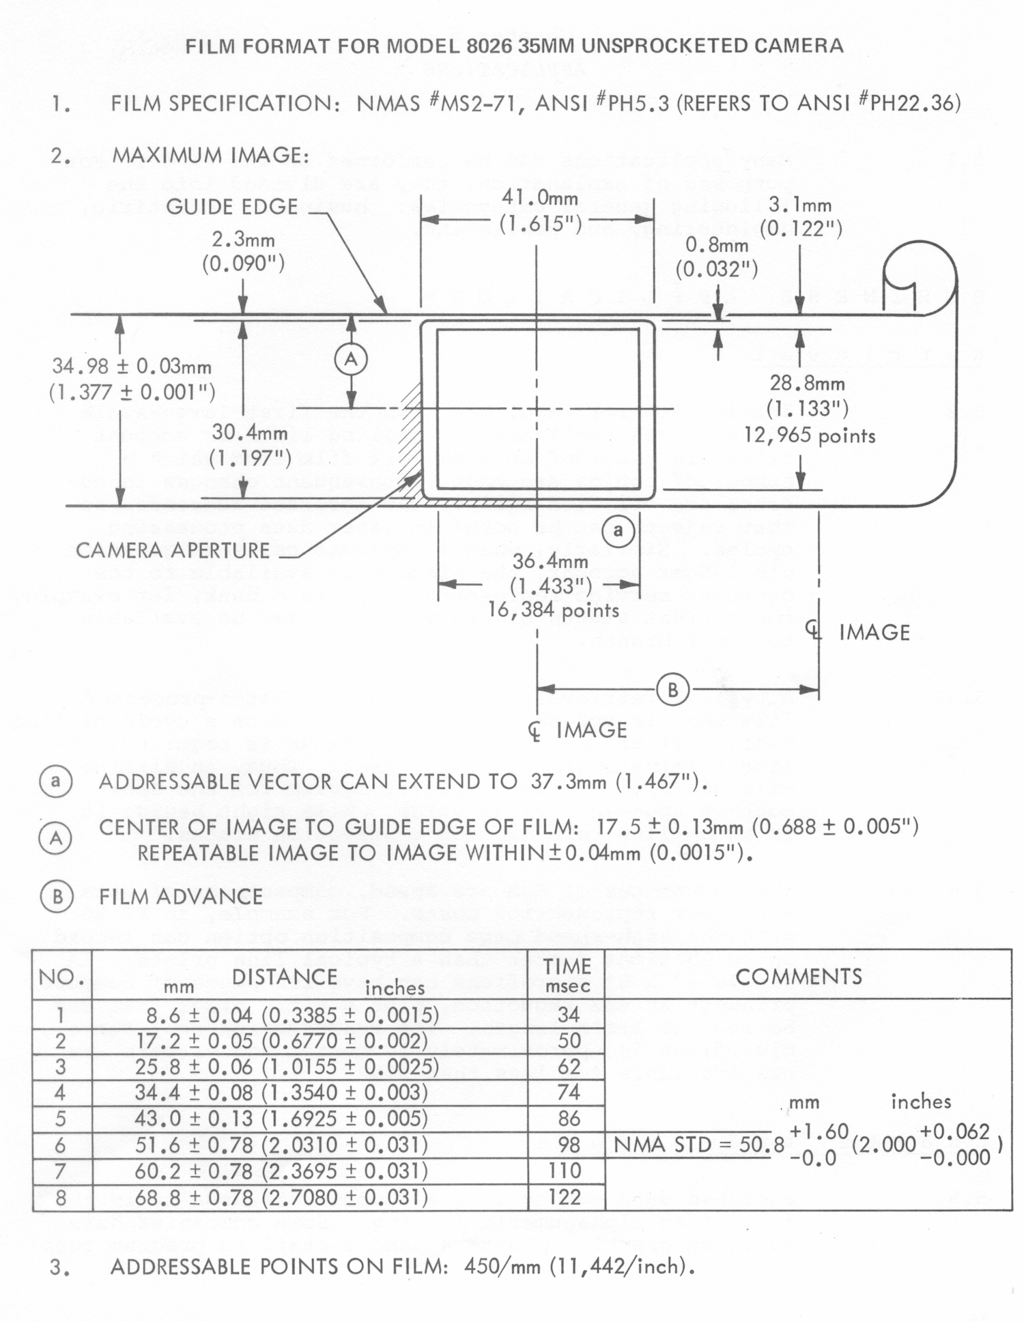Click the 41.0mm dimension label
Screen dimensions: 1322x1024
point(539,199)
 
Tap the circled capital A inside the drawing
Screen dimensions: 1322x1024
point(351,360)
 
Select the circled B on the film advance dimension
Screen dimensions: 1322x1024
point(672,690)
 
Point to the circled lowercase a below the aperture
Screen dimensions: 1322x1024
point(618,530)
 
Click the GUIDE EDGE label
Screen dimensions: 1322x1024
point(231,207)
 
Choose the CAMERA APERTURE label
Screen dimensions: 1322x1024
point(173,550)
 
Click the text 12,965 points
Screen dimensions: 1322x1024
point(810,435)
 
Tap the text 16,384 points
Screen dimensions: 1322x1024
point(553,609)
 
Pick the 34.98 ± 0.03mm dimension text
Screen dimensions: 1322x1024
point(132,367)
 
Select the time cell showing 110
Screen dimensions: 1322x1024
point(565,1170)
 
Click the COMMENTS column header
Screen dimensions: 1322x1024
point(799,977)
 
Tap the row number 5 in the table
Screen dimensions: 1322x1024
point(60,1119)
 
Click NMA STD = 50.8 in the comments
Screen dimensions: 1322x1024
point(698,1145)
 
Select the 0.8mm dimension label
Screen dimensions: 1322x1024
point(716,244)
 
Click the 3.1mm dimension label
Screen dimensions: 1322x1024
point(799,205)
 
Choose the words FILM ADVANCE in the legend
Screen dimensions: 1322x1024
point(181,896)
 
